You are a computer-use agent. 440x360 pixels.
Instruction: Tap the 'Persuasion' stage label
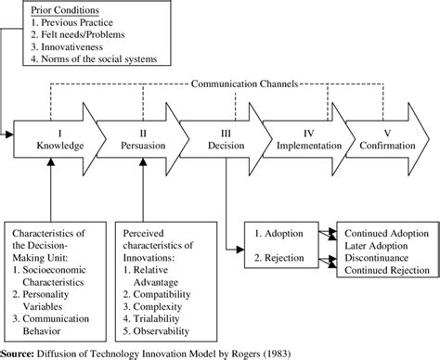[141, 147]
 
